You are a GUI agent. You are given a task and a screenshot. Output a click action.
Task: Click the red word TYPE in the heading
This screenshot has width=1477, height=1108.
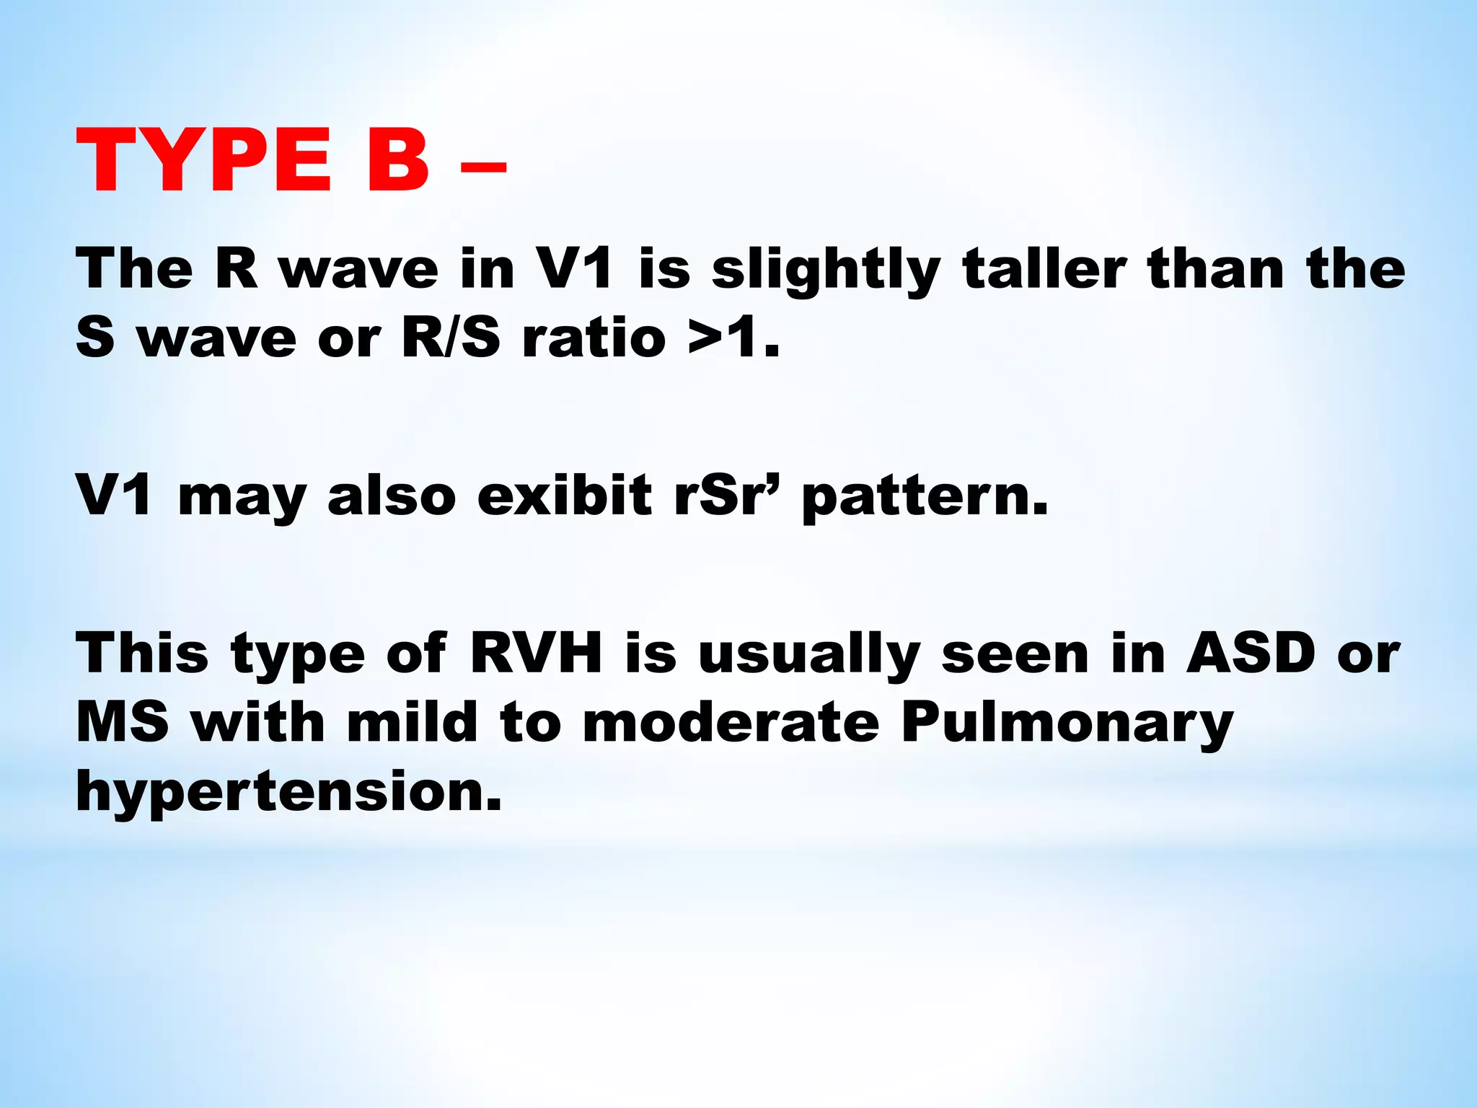click(x=205, y=161)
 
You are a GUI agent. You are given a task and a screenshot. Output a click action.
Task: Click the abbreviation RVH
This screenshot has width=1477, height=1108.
click(x=536, y=654)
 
